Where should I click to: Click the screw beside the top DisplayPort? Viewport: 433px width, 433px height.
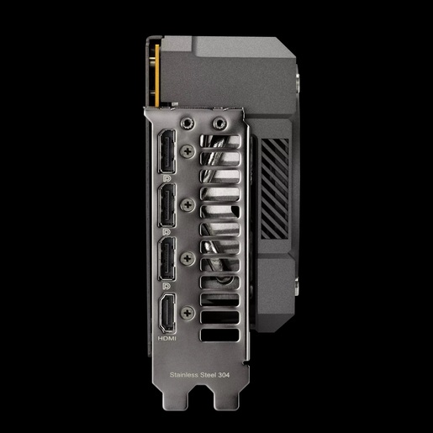click(x=186, y=149)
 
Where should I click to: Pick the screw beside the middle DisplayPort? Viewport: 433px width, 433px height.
click(x=186, y=203)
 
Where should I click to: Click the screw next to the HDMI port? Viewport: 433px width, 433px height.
click(x=186, y=314)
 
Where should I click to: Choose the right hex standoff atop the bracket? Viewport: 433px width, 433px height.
click(x=220, y=123)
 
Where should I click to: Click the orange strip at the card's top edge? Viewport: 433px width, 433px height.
click(x=155, y=71)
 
